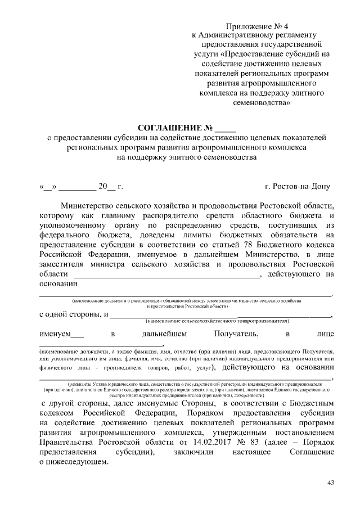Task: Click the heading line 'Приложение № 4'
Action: click(x=256, y=27)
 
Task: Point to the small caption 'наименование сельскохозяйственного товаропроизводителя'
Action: click(x=217, y=321)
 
